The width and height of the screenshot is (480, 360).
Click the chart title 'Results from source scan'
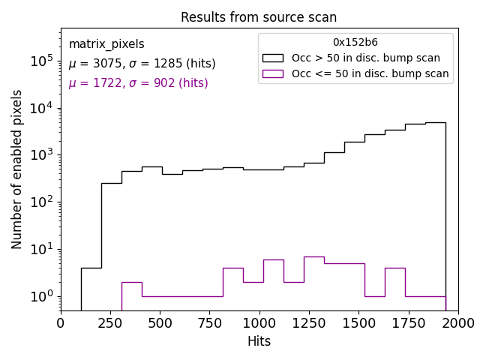pos(259,17)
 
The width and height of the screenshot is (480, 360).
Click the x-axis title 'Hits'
pos(259,341)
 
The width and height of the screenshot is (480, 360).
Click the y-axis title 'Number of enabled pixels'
pos(17,169)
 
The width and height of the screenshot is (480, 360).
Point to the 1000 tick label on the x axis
pos(259,323)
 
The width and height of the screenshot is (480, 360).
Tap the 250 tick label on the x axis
pos(110,323)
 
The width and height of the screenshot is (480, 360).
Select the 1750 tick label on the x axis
pos(408,323)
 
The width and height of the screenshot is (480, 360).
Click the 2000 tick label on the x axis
pos(457,323)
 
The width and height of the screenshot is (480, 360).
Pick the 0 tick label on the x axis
pos(61,323)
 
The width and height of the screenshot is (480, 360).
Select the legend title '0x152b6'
pos(355,43)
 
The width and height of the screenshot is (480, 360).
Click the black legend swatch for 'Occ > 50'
pos(272,58)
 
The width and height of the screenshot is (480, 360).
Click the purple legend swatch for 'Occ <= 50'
pos(272,73)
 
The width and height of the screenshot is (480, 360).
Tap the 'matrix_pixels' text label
pos(106,44)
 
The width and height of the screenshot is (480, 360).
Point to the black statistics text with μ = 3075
pos(142,64)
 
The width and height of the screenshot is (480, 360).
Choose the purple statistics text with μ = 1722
pos(138,83)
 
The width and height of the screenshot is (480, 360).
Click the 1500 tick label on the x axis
pos(358,323)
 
